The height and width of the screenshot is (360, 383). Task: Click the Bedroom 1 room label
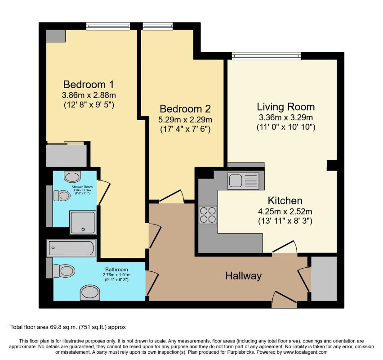click(x=88, y=84)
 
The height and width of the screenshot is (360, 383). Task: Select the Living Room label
click(x=285, y=107)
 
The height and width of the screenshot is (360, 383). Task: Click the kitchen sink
click(x=243, y=180)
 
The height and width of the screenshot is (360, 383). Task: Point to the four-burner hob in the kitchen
click(x=208, y=214)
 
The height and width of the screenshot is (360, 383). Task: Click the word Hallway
click(x=243, y=276)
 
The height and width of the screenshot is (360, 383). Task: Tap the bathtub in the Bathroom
click(x=72, y=248)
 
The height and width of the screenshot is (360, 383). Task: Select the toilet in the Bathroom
click(x=64, y=271)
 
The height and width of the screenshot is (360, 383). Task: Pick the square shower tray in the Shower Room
click(x=82, y=222)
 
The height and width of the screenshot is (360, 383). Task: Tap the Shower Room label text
click(x=82, y=186)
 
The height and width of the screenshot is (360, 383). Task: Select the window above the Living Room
click(x=266, y=56)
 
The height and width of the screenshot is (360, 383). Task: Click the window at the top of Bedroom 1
click(x=108, y=27)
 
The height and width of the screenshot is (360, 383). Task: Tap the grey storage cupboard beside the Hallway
click(x=324, y=278)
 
